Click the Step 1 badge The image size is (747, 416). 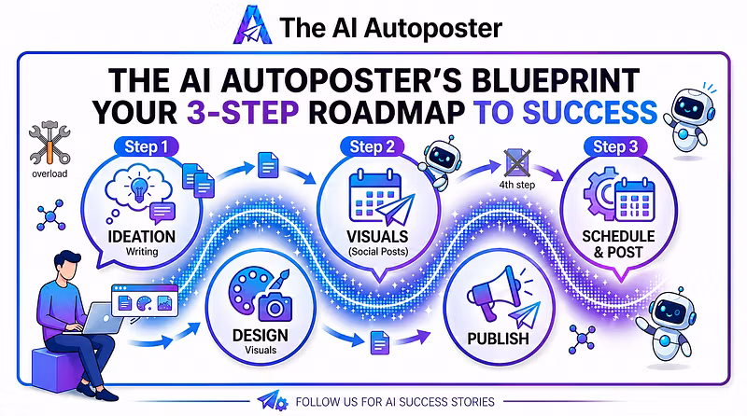[x=147, y=147]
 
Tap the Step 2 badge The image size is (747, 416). [x=372, y=147]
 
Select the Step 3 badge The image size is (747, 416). [x=615, y=147]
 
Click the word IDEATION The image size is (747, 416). [x=142, y=237]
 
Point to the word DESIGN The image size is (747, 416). [x=261, y=335]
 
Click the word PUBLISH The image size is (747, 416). [x=498, y=339]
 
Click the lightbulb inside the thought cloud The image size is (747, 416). [x=138, y=187]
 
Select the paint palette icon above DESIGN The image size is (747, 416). [x=250, y=288]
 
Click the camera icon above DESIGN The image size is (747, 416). [x=275, y=307]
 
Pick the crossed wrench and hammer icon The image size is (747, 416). [x=49, y=143]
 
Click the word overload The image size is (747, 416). [x=49, y=173]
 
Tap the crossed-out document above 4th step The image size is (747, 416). [x=517, y=163]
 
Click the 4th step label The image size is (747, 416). [x=517, y=185]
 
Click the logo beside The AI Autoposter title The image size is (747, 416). [x=252, y=25]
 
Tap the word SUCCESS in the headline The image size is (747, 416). [x=590, y=113]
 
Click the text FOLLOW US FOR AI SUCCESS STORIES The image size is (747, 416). [x=395, y=402]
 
